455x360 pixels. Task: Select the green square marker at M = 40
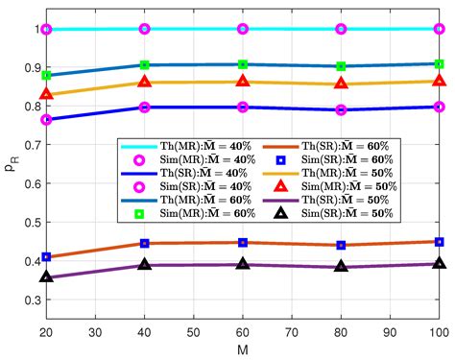145,65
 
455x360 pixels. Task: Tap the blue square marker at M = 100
439,242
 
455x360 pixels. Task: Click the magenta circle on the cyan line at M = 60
243,29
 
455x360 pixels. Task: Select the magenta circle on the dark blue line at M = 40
145,108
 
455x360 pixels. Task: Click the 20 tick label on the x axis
46,331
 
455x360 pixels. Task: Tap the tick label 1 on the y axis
34,29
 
